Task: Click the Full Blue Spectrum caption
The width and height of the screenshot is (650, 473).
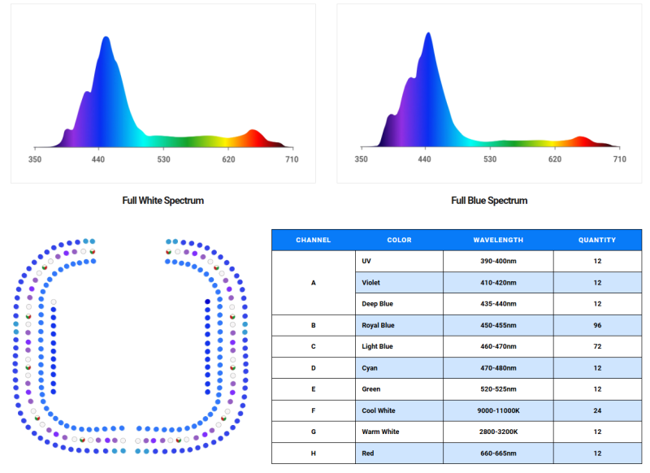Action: pyautogui.click(x=489, y=200)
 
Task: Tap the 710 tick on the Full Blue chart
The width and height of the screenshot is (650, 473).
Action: pyautogui.click(x=619, y=159)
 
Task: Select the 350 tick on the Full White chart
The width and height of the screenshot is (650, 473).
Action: pyautogui.click(x=35, y=159)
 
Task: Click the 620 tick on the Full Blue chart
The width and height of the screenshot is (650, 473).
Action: pyautogui.click(x=554, y=159)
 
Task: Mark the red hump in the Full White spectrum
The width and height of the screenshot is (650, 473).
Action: pyautogui.click(x=253, y=134)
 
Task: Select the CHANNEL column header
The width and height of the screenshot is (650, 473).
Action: pyautogui.click(x=313, y=240)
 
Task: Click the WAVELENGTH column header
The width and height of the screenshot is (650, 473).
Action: pyautogui.click(x=498, y=240)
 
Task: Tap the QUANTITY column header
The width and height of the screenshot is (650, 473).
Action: pyautogui.click(x=597, y=240)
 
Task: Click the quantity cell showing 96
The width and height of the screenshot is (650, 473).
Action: pyautogui.click(x=597, y=325)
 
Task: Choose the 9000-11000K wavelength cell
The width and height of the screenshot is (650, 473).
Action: pyautogui.click(x=498, y=410)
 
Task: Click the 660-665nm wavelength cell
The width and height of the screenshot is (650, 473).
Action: pyautogui.click(x=498, y=453)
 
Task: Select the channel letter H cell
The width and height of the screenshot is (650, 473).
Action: pyautogui.click(x=313, y=453)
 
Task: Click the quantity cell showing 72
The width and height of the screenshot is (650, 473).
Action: pyautogui.click(x=597, y=346)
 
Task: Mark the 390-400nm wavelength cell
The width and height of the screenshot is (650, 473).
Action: pyautogui.click(x=498, y=261)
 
